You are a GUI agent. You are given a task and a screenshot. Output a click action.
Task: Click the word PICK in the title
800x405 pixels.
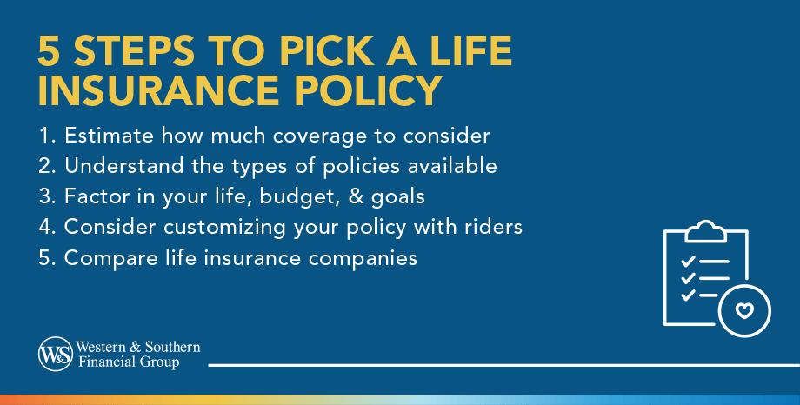tap(327, 51)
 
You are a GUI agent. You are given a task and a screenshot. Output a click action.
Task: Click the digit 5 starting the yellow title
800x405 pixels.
tap(49, 51)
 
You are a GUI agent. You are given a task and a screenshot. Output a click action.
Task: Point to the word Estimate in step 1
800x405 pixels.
tap(110, 136)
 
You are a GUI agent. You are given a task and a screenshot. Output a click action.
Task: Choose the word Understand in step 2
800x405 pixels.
tap(124, 166)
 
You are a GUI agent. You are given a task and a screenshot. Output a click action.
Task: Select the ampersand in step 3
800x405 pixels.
tap(356, 196)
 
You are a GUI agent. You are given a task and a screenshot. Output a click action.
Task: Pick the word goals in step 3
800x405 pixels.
tap(398, 197)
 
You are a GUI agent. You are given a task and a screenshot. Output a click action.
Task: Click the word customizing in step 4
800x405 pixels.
tap(224, 228)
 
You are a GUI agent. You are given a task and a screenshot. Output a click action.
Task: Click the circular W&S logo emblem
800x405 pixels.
tap(56, 354)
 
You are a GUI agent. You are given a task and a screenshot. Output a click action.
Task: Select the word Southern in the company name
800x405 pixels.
tap(172, 348)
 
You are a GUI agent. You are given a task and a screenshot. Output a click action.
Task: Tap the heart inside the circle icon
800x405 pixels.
tap(744, 310)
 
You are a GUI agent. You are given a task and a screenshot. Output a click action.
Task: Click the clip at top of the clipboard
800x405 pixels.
tap(705, 230)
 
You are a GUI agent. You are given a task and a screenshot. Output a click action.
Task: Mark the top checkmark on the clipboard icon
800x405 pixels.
tap(688, 262)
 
